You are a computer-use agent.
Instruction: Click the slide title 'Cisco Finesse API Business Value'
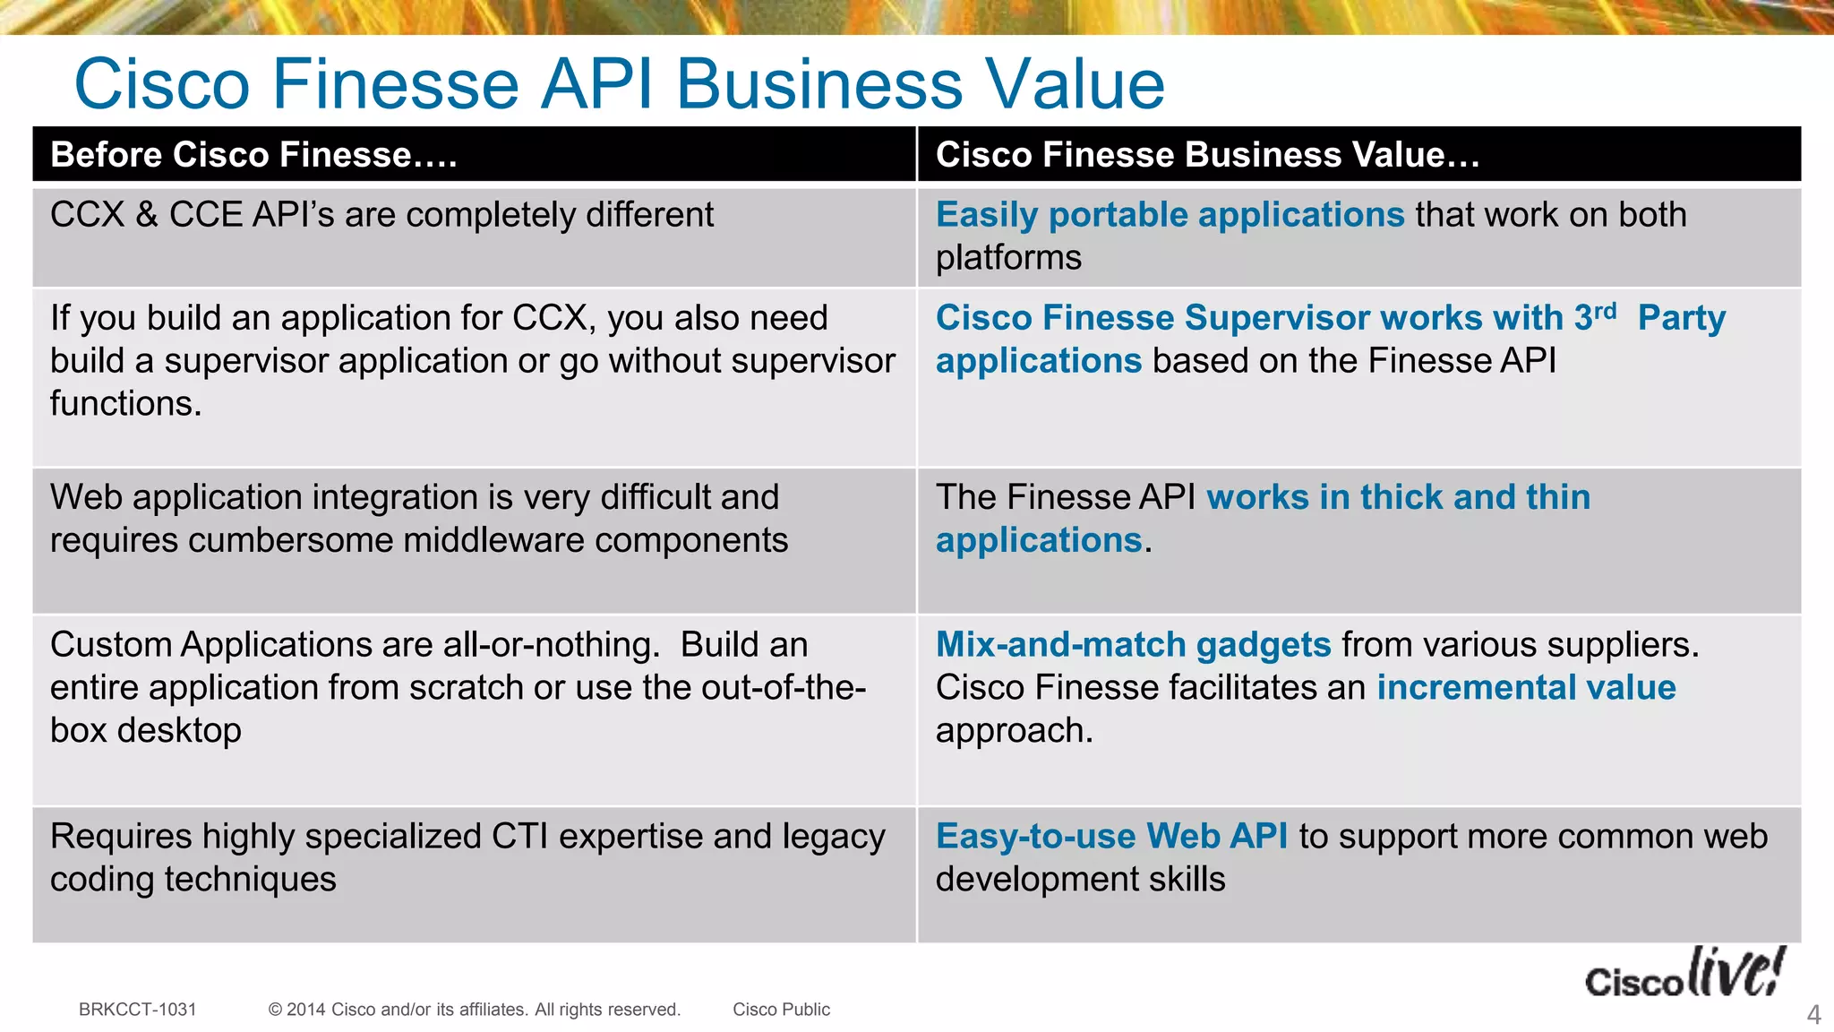[619, 83]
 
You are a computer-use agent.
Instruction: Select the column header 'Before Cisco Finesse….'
[253, 155]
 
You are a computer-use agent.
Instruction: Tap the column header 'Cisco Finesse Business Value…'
[1207, 155]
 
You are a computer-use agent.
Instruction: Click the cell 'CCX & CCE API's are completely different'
[381, 215]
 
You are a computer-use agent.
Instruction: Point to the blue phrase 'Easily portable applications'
[1170, 215]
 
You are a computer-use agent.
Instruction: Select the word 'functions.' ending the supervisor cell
[125, 404]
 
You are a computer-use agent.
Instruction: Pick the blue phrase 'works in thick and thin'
[1398, 497]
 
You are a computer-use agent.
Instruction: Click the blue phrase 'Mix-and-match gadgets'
[1133, 645]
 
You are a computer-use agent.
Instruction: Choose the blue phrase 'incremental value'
[1526, 688]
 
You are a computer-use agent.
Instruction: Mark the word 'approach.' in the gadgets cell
[1014, 731]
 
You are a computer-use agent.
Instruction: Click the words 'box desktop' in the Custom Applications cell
[145, 731]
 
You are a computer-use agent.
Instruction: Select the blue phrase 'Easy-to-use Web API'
[1111, 837]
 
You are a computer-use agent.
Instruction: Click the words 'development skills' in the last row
[1080, 880]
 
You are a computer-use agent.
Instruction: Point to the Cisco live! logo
[1684, 975]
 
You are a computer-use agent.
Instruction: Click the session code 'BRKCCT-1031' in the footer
[137, 1010]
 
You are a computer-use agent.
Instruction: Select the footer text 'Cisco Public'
[781, 1010]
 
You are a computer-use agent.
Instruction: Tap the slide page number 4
[1813, 1015]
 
